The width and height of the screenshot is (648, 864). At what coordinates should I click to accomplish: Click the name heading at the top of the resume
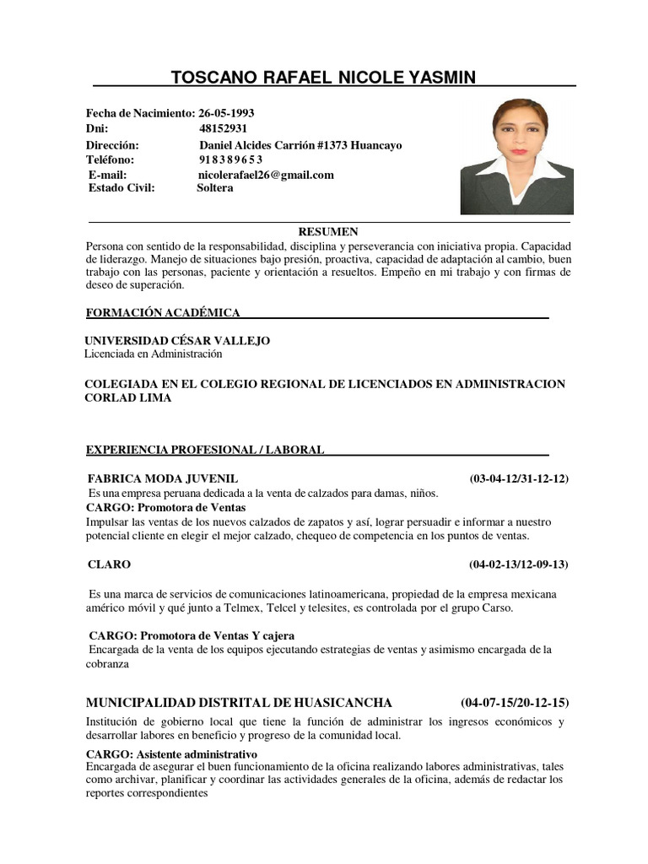pyautogui.click(x=323, y=78)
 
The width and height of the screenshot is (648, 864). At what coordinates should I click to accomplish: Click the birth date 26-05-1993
pyautogui.click(x=226, y=114)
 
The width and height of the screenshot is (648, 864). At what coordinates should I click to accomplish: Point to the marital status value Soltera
pyautogui.click(x=215, y=188)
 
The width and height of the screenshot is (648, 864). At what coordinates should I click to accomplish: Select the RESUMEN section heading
pyautogui.click(x=329, y=231)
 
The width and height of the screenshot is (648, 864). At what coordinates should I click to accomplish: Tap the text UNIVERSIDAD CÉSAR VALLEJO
pyautogui.click(x=177, y=341)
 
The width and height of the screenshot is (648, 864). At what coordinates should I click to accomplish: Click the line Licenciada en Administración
pyautogui.click(x=153, y=354)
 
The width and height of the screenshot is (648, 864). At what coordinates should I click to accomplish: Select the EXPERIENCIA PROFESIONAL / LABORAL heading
pyautogui.click(x=205, y=450)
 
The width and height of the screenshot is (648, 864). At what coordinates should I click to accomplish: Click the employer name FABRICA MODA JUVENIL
pyautogui.click(x=163, y=478)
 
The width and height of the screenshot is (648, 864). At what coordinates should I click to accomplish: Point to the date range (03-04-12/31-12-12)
pyautogui.click(x=519, y=479)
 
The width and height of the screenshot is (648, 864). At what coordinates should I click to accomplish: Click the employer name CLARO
pyautogui.click(x=109, y=564)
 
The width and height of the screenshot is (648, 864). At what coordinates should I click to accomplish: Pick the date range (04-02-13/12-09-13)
pyautogui.click(x=519, y=564)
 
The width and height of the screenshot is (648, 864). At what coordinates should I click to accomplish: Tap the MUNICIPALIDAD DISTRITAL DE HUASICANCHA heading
pyautogui.click(x=239, y=702)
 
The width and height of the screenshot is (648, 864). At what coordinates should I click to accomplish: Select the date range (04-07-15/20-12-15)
pyautogui.click(x=516, y=702)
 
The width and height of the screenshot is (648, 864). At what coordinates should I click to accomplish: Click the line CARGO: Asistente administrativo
pyautogui.click(x=171, y=753)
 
